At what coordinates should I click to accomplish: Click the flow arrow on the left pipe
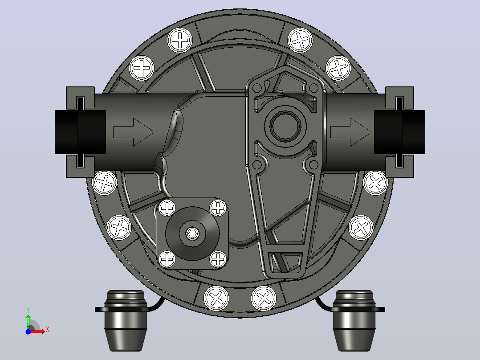click(134, 132)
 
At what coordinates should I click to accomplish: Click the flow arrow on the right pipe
click(351, 132)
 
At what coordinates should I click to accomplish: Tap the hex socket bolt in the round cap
click(192, 234)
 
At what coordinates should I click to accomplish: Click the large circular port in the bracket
click(285, 126)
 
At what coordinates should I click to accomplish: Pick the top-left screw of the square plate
click(167, 209)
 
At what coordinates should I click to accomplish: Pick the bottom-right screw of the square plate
click(218, 259)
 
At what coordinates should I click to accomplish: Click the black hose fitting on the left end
click(80, 132)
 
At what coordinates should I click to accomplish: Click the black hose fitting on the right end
click(399, 132)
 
